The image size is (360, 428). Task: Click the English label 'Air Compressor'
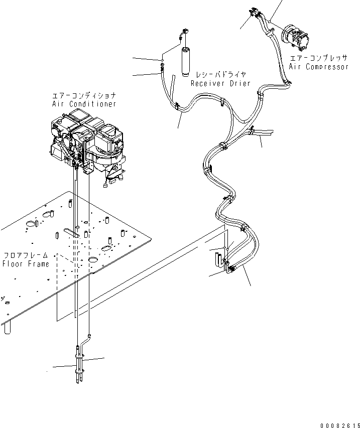tap(318, 67)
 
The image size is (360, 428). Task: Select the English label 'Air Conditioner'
tap(84, 104)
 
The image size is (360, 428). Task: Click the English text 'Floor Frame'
tap(26, 264)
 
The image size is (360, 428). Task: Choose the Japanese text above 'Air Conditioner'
tap(84, 95)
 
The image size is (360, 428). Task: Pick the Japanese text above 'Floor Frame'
tap(26, 255)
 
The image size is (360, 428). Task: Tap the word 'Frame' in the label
tap(38, 264)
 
